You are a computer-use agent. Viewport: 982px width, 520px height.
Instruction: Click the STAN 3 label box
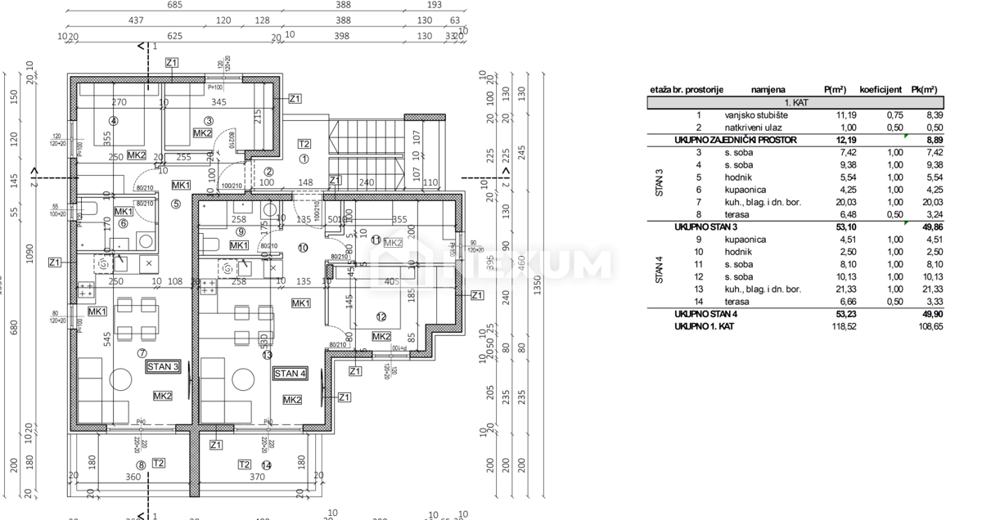(163, 366)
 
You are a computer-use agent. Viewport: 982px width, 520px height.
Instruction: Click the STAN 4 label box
(290, 374)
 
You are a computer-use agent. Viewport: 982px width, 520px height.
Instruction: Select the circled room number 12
(381, 317)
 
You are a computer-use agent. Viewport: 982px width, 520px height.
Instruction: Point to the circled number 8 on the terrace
(141, 465)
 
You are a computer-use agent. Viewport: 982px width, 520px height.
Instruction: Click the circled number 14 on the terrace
(266, 465)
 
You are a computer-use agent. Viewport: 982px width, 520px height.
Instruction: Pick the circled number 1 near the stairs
(304, 159)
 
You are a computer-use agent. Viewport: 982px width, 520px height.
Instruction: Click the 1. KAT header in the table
(795, 104)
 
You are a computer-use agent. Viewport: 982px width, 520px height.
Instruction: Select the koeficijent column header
(881, 90)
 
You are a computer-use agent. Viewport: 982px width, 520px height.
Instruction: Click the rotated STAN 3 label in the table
(660, 177)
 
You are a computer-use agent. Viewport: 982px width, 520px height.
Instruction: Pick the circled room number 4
(114, 121)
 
